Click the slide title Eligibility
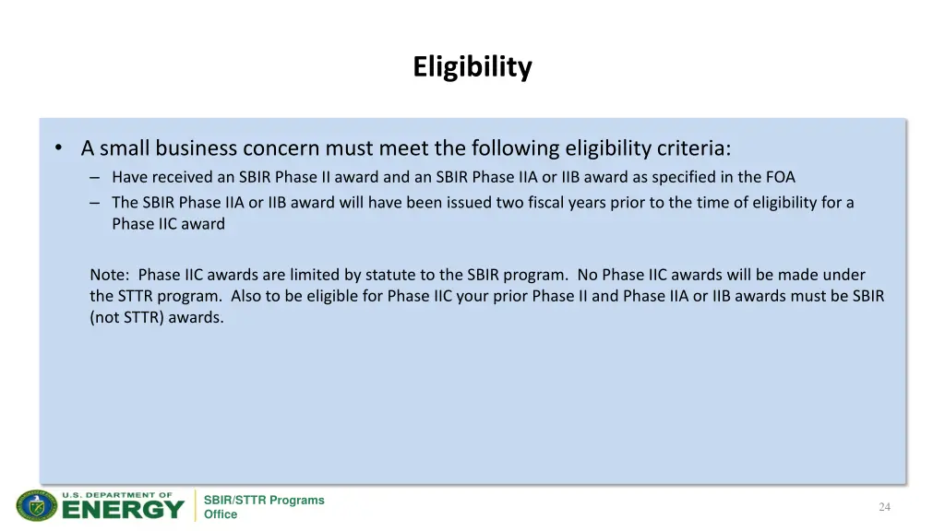click(x=472, y=67)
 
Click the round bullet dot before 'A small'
click(x=59, y=148)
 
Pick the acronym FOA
click(x=779, y=177)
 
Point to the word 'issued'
click(x=470, y=202)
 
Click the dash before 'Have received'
click(x=95, y=177)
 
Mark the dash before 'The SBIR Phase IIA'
click(x=95, y=202)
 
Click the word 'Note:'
click(x=111, y=275)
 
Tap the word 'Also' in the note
click(x=245, y=296)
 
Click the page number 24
click(x=884, y=507)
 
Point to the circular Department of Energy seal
click(x=36, y=506)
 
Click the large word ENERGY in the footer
click(x=123, y=510)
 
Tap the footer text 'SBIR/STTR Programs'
click(x=264, y=501)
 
